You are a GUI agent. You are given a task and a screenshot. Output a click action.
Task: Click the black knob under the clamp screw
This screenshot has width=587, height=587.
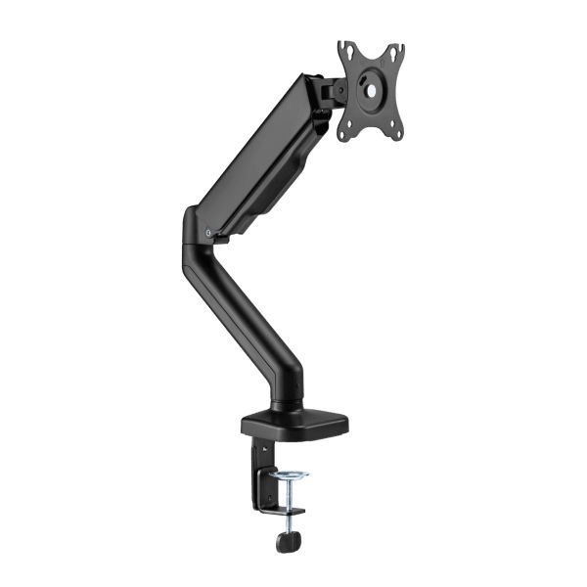[x=288, y=540]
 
